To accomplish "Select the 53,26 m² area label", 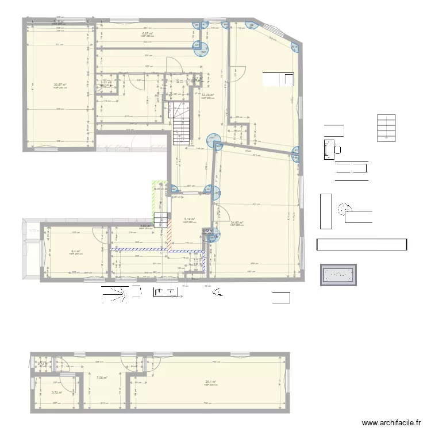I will pos(207,95).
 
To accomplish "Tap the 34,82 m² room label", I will pos(236,223).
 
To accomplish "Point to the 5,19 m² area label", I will pos(190,220).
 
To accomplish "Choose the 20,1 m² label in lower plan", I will pos(211,382).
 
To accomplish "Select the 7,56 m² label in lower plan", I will pos(102,378).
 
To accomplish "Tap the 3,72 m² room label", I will pos(56,393).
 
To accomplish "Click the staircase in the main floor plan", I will pos(180,121).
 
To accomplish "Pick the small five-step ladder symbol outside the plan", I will pos(386,128).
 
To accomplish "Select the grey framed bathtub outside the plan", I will pos(338,275).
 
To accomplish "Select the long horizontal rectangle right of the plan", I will pos(361,245).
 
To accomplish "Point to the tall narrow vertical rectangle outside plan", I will pos(326,211).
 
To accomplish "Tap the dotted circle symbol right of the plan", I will pos(345,209).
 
